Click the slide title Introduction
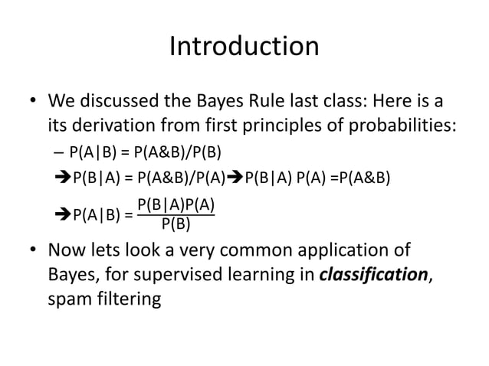coord(244,47)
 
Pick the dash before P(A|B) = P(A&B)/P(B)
coord(61,152)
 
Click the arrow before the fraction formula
coord(63,214)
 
